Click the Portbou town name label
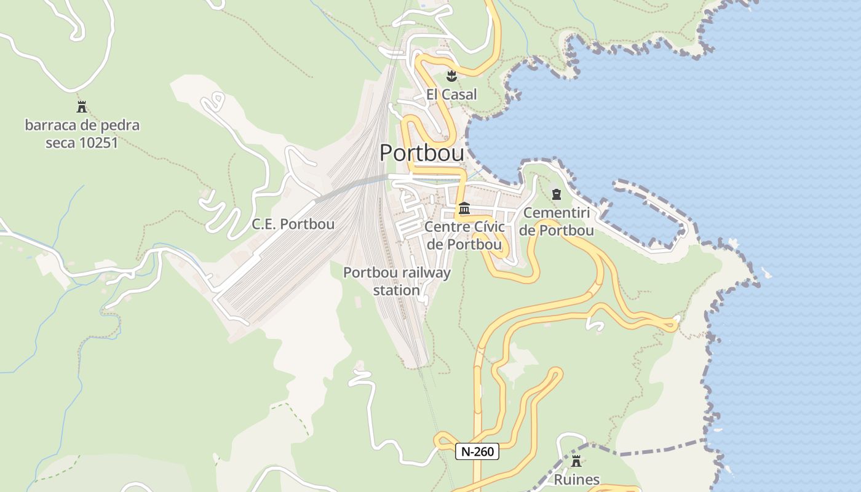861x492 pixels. point(421,153)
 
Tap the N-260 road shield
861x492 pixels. point(477,451)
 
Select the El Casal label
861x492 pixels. point(451,95)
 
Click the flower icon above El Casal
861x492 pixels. point(451,76)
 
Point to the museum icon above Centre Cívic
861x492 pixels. point(464,208)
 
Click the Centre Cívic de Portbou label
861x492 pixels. point(464,236)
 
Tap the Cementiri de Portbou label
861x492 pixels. point(557,222)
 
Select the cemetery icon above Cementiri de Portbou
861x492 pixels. point(557,194)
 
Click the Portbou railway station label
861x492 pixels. point(397,281)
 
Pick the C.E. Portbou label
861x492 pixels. point(293,224)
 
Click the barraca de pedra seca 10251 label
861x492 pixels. point(82,134)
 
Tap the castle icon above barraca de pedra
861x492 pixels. point(82,107)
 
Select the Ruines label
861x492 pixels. point(576,479)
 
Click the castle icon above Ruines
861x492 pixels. point(576,461)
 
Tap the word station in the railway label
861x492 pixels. point(397,290)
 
